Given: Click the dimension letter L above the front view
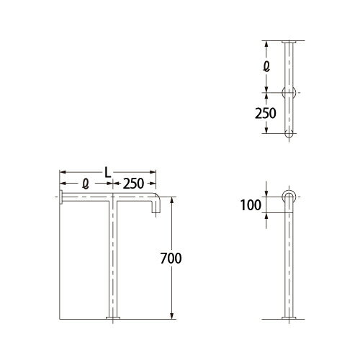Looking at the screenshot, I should (107, 172).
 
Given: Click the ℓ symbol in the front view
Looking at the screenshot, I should (85, 184).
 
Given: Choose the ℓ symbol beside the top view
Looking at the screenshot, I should (268, 66).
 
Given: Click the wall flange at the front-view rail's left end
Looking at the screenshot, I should (61, 197).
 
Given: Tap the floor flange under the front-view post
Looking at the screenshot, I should (112, 318).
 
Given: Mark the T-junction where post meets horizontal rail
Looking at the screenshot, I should (112, 197).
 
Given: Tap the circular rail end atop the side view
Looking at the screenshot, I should (289, 197).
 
